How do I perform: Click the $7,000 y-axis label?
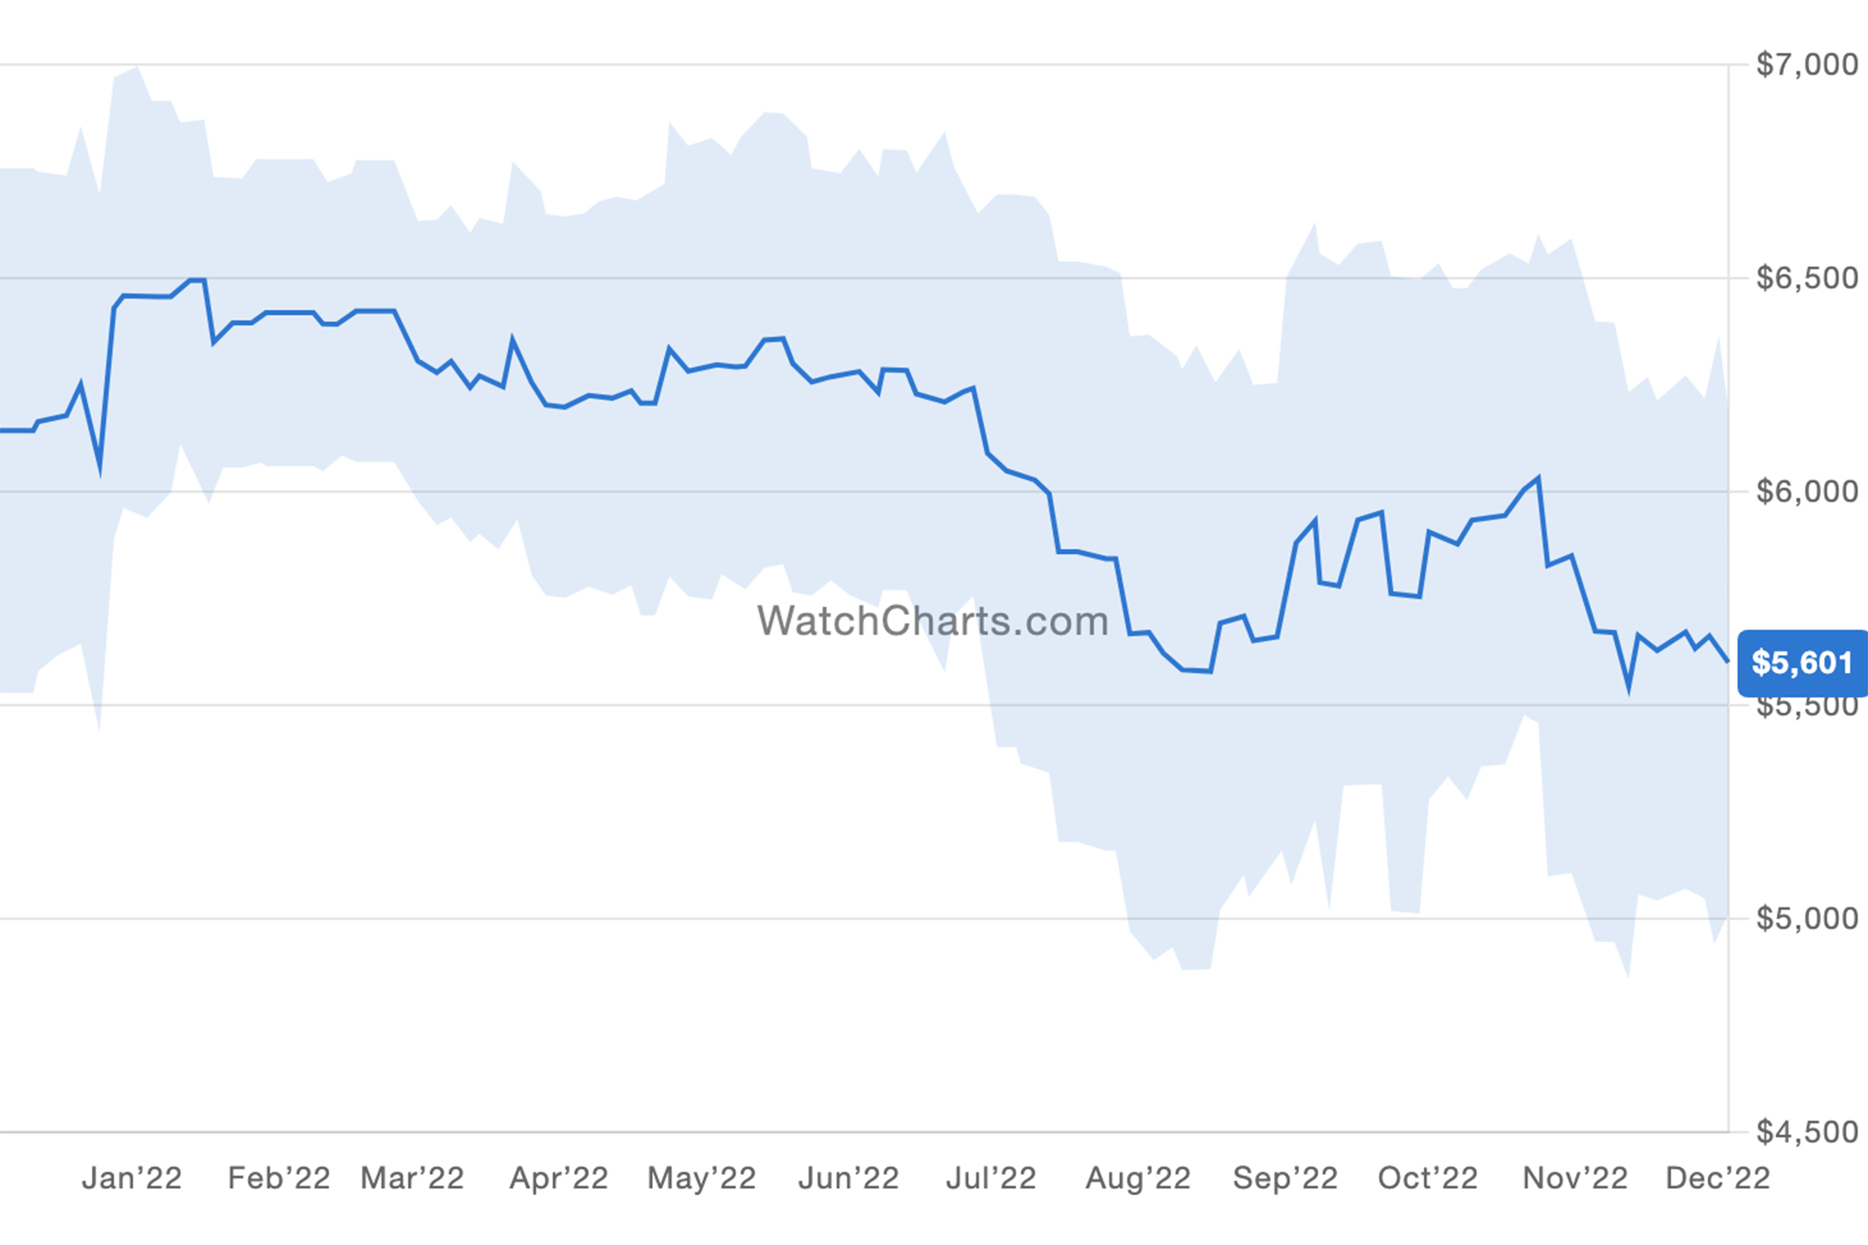(1806, 64)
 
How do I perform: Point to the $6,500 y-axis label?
(1806, 278)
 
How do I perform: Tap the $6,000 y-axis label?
(1806, 491)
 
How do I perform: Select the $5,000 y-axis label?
(1806, 918)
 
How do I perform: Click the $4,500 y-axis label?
(1806, 1132)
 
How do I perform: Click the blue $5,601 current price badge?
(1802, 663)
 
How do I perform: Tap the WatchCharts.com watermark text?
(932, 621)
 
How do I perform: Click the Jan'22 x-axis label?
(132, 1178)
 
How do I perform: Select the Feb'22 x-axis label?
(279, 1178)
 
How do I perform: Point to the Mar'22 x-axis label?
(412, 1178)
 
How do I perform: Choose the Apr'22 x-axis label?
(558, 1178)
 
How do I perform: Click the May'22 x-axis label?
(701, 1178)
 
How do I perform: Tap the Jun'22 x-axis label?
(848, 1178)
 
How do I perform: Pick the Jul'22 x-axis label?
(991, 1178)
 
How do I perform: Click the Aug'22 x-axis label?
(1138, 1178)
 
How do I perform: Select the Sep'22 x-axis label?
(1285, 1178)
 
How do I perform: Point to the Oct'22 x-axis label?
(1427, 1178)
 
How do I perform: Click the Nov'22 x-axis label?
(1574, 1178)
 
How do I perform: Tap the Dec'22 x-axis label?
(1717, 1178)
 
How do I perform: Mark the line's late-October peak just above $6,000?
(1538, 479)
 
